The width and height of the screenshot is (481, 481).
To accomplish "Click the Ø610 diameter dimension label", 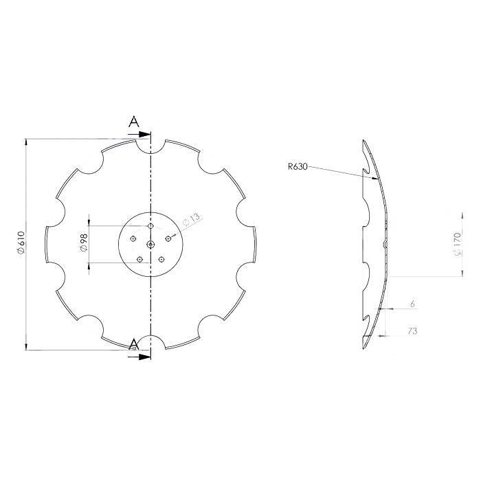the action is pyautogui.click(x=21, y=243).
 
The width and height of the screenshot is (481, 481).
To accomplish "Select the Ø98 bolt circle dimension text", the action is pyautogui.click(x=84, y=243).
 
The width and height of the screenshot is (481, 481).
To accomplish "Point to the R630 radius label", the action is pyautogui.click(x=298, y=166).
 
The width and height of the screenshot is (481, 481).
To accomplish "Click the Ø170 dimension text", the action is pyautogui.click(x=457, y=245).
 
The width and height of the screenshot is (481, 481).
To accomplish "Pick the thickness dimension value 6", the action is pyautogui.click(x=412, y=304).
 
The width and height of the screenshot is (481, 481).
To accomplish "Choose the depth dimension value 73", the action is pyautogui.click(x=412, y=331).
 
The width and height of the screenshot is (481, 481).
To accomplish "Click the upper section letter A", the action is pyautogui.click(x=134, y=122).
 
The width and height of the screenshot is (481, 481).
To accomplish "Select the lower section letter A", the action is pyautogui.click(x=133, y=344).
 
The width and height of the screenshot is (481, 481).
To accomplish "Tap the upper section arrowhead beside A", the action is pyautogui.click(x=144, y=135).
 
